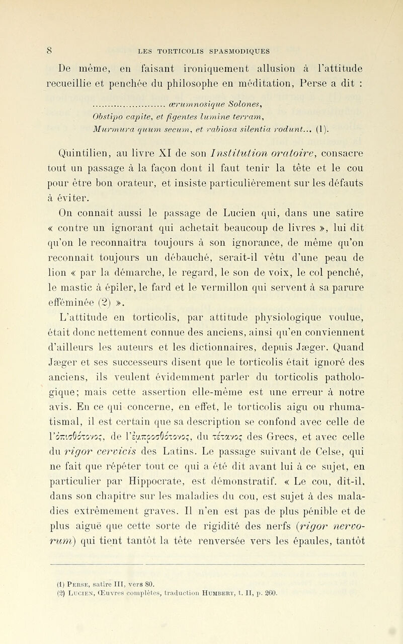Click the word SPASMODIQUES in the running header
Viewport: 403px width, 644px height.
(x=238, y=50)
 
